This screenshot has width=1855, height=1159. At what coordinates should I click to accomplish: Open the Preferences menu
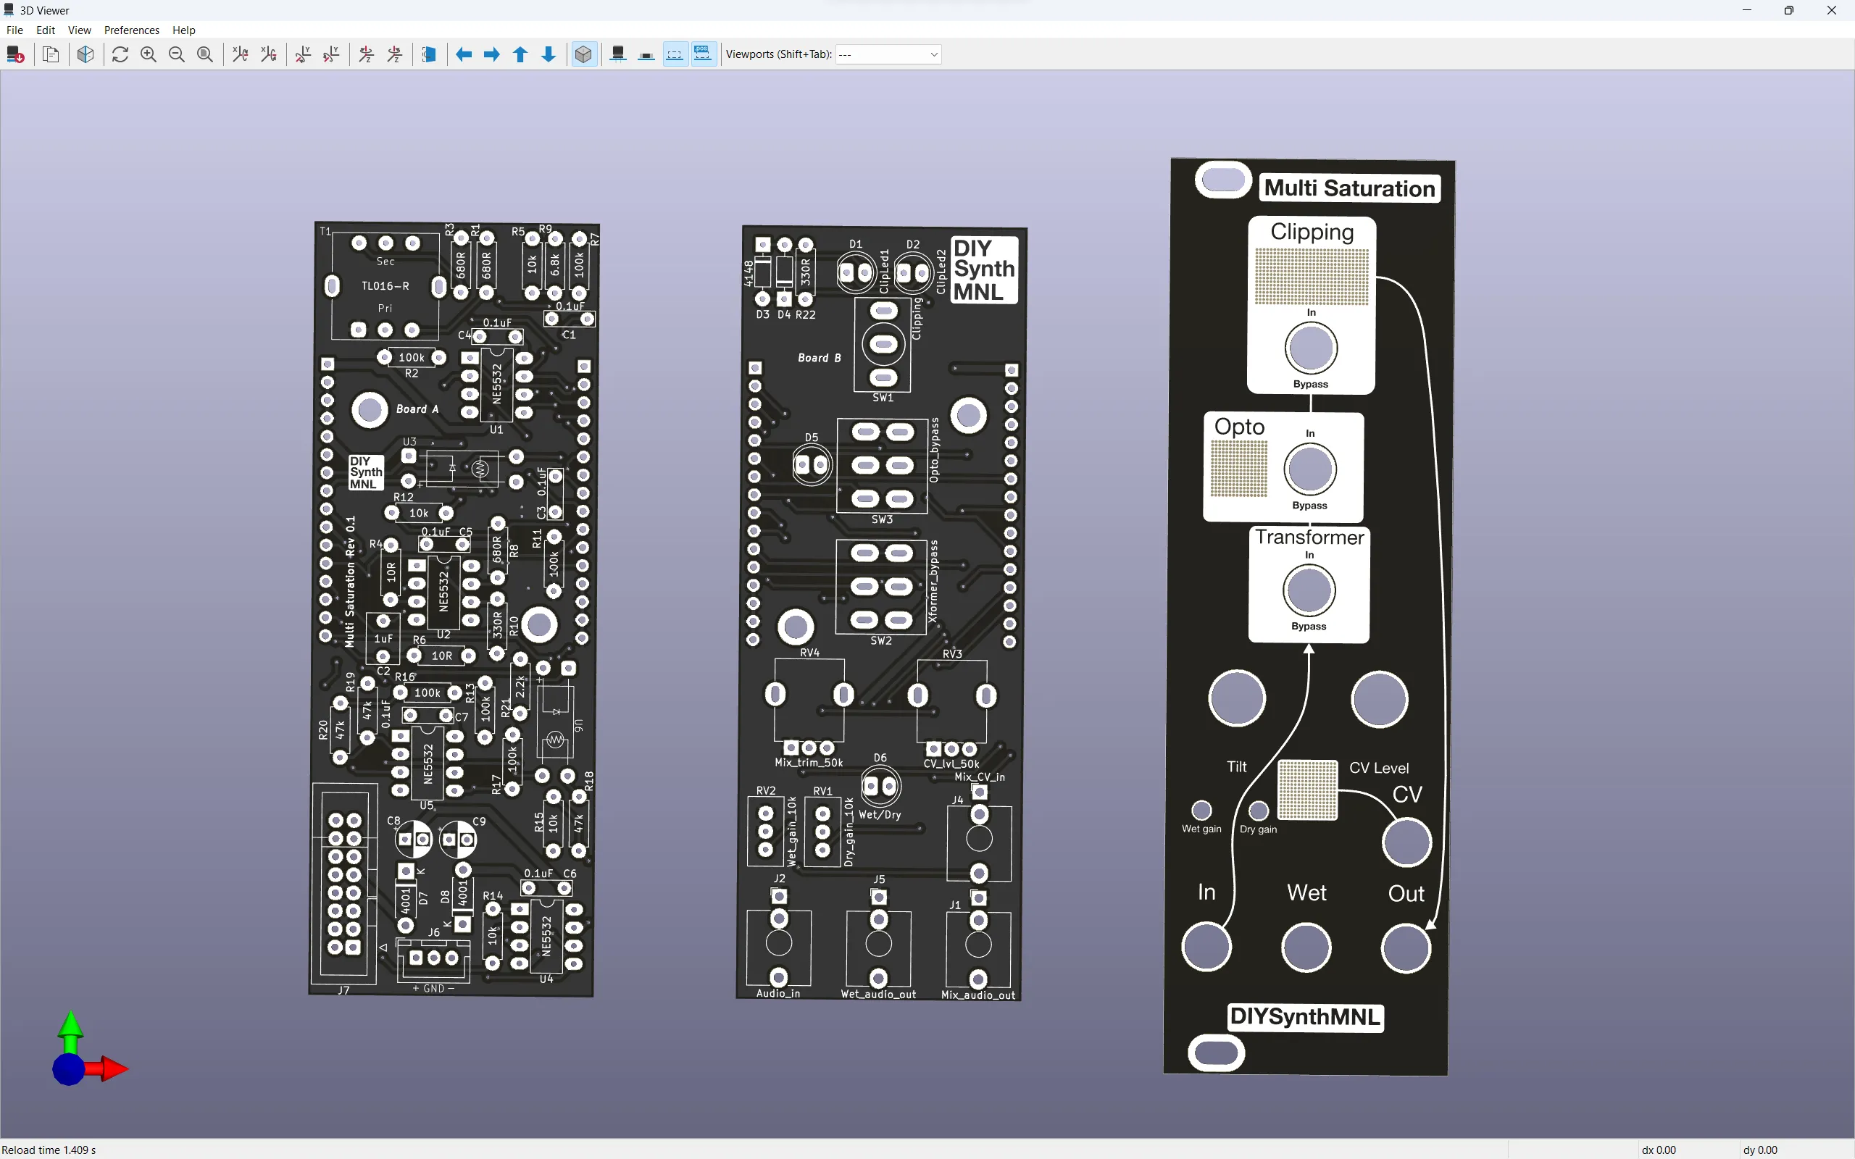pos(131,30)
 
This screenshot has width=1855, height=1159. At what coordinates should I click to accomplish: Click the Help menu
pos(183,30)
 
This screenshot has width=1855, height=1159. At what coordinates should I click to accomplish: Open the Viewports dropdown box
pos(888,54)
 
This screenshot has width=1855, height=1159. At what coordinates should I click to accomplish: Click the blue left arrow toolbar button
pos(464,54)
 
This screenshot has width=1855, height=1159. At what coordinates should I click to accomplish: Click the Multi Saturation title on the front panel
pos(1349,188)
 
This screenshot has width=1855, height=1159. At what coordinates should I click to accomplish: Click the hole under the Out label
pos(1405,947)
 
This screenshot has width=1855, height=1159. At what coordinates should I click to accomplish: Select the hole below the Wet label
pos(1306,947)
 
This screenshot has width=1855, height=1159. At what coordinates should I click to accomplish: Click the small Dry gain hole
pos(1258,811)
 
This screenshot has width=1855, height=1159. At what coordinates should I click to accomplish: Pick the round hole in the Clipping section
pos(1311,348)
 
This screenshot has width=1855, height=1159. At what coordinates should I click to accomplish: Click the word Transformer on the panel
pos(1309,537)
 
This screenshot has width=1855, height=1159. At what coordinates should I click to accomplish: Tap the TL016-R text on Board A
pos(385,286)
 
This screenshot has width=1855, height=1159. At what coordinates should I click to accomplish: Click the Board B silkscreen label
pos(819,358)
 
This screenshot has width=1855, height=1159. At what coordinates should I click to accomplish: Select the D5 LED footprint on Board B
pos(811,464)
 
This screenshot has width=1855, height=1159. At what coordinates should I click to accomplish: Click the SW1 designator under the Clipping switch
pos(883,398)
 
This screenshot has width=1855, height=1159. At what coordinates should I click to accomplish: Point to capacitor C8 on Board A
pos(414,840)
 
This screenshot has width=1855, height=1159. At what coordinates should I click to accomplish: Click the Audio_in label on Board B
pos(778,993)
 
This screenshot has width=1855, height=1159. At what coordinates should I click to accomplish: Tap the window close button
pos(1831,11)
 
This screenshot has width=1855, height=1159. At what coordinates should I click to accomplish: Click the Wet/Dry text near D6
pos(879,815)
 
